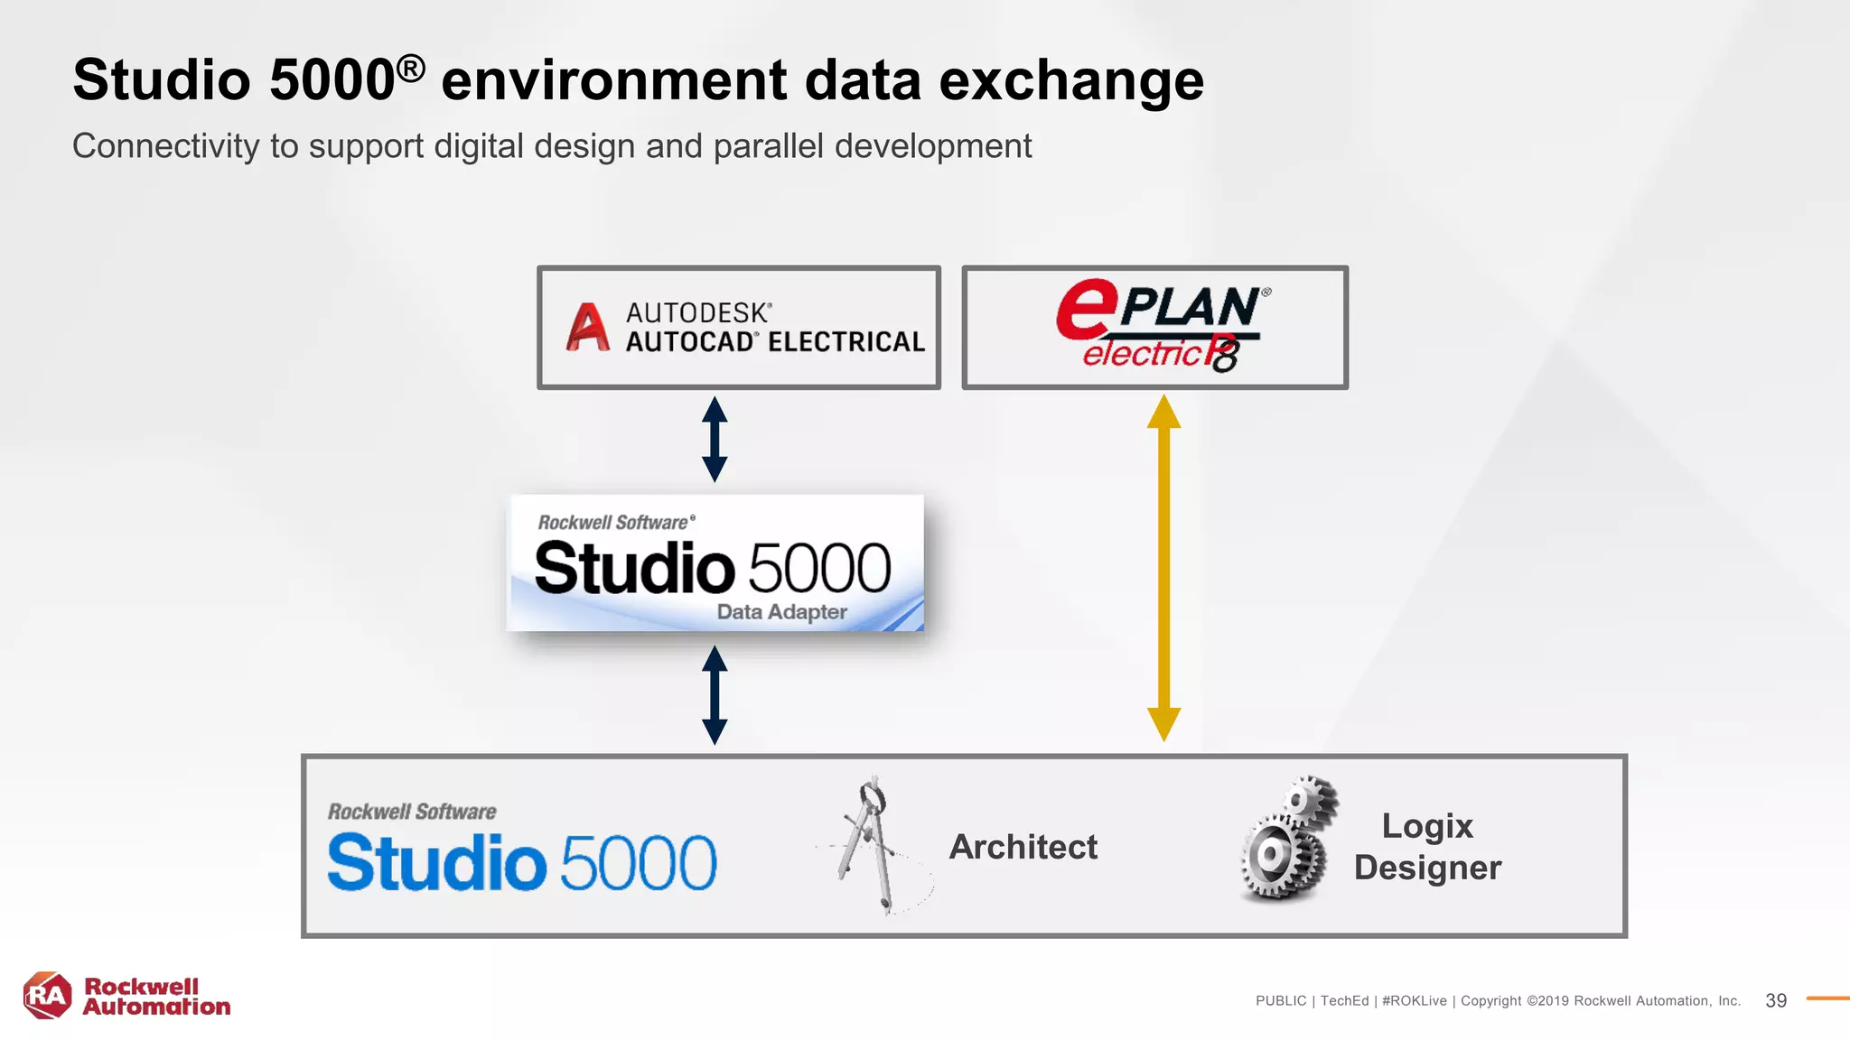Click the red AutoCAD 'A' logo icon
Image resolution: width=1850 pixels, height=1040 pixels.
[588, 327]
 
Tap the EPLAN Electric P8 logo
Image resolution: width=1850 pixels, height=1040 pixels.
[1162, 326]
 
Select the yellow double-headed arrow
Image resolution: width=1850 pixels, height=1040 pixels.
[1163, 568]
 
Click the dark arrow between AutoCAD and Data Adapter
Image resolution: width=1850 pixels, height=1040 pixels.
[715, 439]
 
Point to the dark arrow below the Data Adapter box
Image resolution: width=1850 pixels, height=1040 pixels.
[715, 694]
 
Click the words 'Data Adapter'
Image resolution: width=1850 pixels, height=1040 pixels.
[781, 611]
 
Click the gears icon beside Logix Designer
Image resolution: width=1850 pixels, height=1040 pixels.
[1286, 839]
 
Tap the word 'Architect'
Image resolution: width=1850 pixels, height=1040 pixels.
[1023, 847]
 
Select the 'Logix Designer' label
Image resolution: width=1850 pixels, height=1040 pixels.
[1427, 847]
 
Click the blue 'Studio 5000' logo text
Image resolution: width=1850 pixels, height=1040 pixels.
[521, 862]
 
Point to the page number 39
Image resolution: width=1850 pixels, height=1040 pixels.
[1776, 1000]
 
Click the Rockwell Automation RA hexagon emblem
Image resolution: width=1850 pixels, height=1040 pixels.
[47, 996]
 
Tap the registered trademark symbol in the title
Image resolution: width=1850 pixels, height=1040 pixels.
[410, 68]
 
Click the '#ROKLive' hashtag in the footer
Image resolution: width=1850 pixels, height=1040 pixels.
[1414, 1000]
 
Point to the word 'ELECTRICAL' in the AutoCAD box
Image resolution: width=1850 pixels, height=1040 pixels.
[846, 341]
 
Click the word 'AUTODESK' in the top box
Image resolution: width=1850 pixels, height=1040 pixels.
[698, 312]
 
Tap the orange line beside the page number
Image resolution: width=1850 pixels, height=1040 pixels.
[1827, 998]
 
